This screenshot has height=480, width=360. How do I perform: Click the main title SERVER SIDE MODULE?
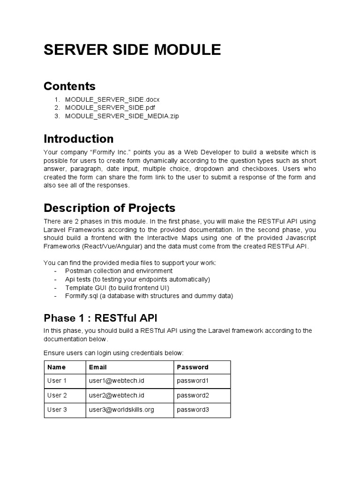(x=132, y=50)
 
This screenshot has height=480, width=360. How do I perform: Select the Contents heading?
(x=69, y=86)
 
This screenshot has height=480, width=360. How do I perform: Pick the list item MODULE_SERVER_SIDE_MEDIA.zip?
(x=122, y=116)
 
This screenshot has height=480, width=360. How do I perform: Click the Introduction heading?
(x=78, y=139)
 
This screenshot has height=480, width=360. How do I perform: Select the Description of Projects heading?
(x=109, y=208)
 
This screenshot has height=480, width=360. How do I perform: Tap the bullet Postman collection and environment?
(x=119, y=271)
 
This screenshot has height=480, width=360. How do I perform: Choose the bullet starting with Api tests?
(x=137, y=279)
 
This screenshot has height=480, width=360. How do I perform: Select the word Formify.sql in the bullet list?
(x=82, y=296)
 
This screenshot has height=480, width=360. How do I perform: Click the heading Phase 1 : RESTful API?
(x=104, y=318)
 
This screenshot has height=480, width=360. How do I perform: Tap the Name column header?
(x=56, y=367)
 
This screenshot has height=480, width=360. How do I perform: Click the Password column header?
(x=192, y=367)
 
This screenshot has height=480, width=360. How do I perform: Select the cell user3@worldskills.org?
(x=121, y=410)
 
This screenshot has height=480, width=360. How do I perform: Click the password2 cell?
(x=193, y=395)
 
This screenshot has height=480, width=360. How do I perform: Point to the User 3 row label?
(x=57, y=410)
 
